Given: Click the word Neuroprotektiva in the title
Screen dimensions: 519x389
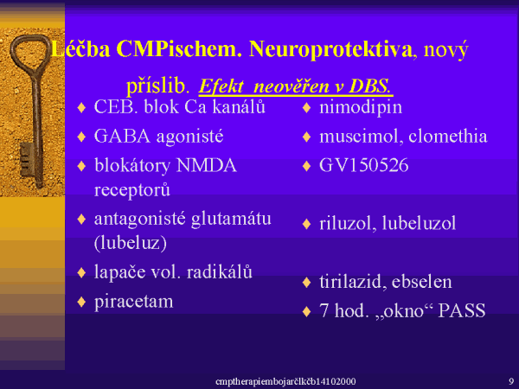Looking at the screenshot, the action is [331, 49].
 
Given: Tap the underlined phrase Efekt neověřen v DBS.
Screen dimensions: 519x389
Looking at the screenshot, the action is [296, 86].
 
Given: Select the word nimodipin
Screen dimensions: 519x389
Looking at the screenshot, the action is [361, 107].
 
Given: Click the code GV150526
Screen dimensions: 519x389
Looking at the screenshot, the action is [364, 165].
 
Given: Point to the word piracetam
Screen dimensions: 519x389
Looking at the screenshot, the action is [134, 302].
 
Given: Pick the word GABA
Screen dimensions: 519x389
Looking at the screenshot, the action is [122, 137].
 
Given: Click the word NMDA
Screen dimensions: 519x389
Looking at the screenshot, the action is [207, 165].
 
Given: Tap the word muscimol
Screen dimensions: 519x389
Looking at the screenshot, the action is [361, 137].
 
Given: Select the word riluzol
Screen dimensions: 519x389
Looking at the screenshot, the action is [348, 223].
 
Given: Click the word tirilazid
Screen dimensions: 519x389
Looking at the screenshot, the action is [353, 282].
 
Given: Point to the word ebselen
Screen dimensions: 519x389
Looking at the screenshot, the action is [422, 282].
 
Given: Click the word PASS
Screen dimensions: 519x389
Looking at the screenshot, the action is [462, 310].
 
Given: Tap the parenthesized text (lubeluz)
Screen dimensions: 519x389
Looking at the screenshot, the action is [131, 244].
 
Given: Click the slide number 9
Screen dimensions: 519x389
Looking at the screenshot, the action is [511, 380].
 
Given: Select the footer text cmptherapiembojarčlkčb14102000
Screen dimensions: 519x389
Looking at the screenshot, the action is [285, 381].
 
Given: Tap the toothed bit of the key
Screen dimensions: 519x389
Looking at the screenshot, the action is [27, 160].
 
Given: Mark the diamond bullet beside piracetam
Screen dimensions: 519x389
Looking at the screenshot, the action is [81, 302].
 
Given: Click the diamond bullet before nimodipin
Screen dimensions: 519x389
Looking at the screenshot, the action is [306, 108].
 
